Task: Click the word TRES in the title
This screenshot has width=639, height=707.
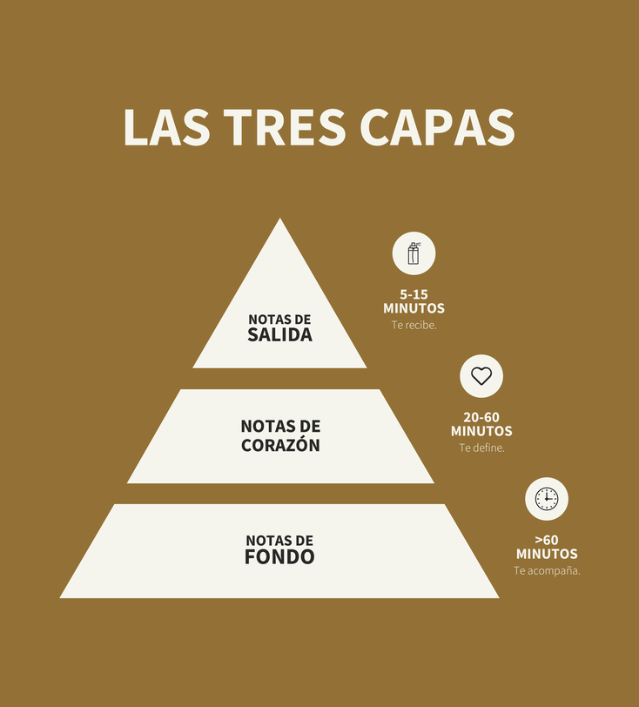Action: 285,127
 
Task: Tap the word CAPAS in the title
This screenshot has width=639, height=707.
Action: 437,127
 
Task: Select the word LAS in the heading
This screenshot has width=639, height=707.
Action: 167,127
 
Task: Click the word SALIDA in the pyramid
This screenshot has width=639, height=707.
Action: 279,335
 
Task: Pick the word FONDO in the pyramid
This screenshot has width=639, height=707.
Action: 279,557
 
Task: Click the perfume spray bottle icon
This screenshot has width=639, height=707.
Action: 414,253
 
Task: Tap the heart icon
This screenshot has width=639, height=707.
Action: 481,376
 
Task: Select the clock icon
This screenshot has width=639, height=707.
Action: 547,499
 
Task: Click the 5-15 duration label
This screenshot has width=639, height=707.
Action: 414,294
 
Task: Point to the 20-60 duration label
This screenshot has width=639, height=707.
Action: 481,417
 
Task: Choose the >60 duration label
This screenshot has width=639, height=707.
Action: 547,540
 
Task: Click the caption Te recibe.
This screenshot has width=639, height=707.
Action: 414,325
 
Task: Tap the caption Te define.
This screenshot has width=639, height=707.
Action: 481,448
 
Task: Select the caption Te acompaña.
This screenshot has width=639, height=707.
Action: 547,571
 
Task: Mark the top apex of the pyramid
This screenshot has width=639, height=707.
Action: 279,219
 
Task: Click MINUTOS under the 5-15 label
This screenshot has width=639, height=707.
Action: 414,308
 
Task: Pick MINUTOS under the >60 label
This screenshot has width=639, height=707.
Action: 547,554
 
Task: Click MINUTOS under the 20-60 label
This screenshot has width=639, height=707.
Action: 481,431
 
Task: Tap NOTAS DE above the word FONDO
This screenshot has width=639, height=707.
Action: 279,541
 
